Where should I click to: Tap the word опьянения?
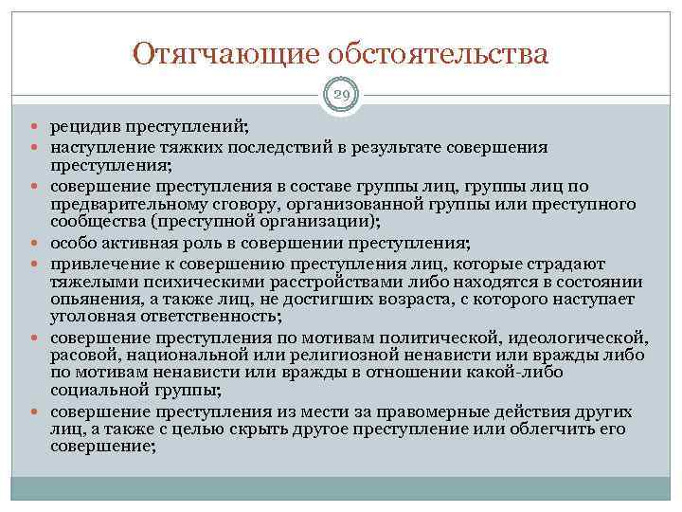pos(87,299)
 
